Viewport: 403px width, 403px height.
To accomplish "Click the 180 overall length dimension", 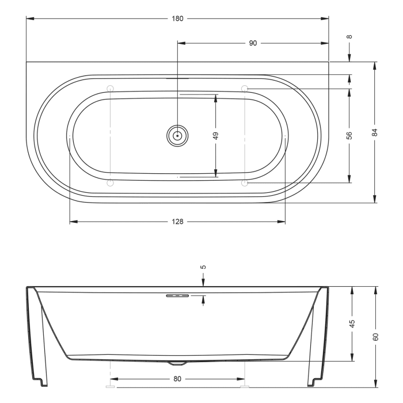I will click(177, 18).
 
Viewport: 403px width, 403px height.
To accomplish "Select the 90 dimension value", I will click(253, 43).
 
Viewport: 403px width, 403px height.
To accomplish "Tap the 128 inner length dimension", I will click(177, 222).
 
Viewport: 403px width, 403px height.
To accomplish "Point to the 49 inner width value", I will click(215, 135).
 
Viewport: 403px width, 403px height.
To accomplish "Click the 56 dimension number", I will click(349, 135).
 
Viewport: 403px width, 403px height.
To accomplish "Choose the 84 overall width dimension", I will click(375, 132).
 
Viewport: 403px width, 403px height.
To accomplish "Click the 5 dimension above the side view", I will click(203, 267).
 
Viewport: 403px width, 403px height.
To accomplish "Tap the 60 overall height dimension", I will click(375, 336).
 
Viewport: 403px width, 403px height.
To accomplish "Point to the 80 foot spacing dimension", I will click(177, 379).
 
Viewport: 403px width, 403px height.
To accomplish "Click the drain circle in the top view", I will click(178, 136).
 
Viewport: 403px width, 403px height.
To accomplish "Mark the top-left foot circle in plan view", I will click(111, 88).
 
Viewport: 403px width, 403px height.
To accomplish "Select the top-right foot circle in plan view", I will click(245, 88).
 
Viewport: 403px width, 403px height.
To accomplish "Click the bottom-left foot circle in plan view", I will click(111, 183).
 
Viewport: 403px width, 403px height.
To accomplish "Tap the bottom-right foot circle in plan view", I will click(245, 183).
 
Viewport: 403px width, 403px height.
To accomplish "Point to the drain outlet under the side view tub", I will click(177, 363).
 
